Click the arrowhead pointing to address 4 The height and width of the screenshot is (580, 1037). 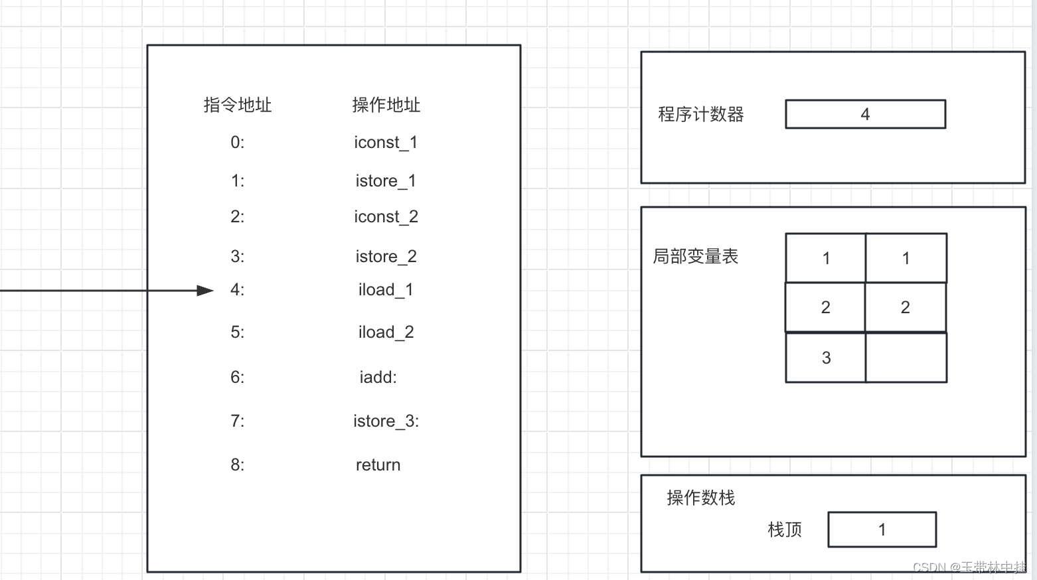205,291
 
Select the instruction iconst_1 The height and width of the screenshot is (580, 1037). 386,143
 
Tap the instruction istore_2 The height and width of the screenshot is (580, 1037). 386,257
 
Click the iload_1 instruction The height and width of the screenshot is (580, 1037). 386,290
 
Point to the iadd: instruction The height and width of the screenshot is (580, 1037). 378,378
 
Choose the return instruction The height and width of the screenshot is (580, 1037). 378,465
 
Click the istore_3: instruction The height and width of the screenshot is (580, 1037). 386,421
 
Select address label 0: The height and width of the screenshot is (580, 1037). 238,143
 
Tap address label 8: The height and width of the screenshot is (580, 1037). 238,465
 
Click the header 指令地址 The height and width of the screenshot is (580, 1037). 238,105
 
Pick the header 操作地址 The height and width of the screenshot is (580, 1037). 386,105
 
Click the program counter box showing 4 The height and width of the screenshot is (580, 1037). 865,114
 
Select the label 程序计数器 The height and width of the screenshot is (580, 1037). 700,114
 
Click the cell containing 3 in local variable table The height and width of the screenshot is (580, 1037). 826,358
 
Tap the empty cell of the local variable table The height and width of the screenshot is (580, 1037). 906,358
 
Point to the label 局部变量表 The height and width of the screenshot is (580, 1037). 695,256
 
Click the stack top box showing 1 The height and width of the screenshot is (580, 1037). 882,530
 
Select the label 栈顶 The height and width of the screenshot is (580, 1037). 785,530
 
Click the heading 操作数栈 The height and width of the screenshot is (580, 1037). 700,498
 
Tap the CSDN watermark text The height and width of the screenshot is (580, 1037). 969,567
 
